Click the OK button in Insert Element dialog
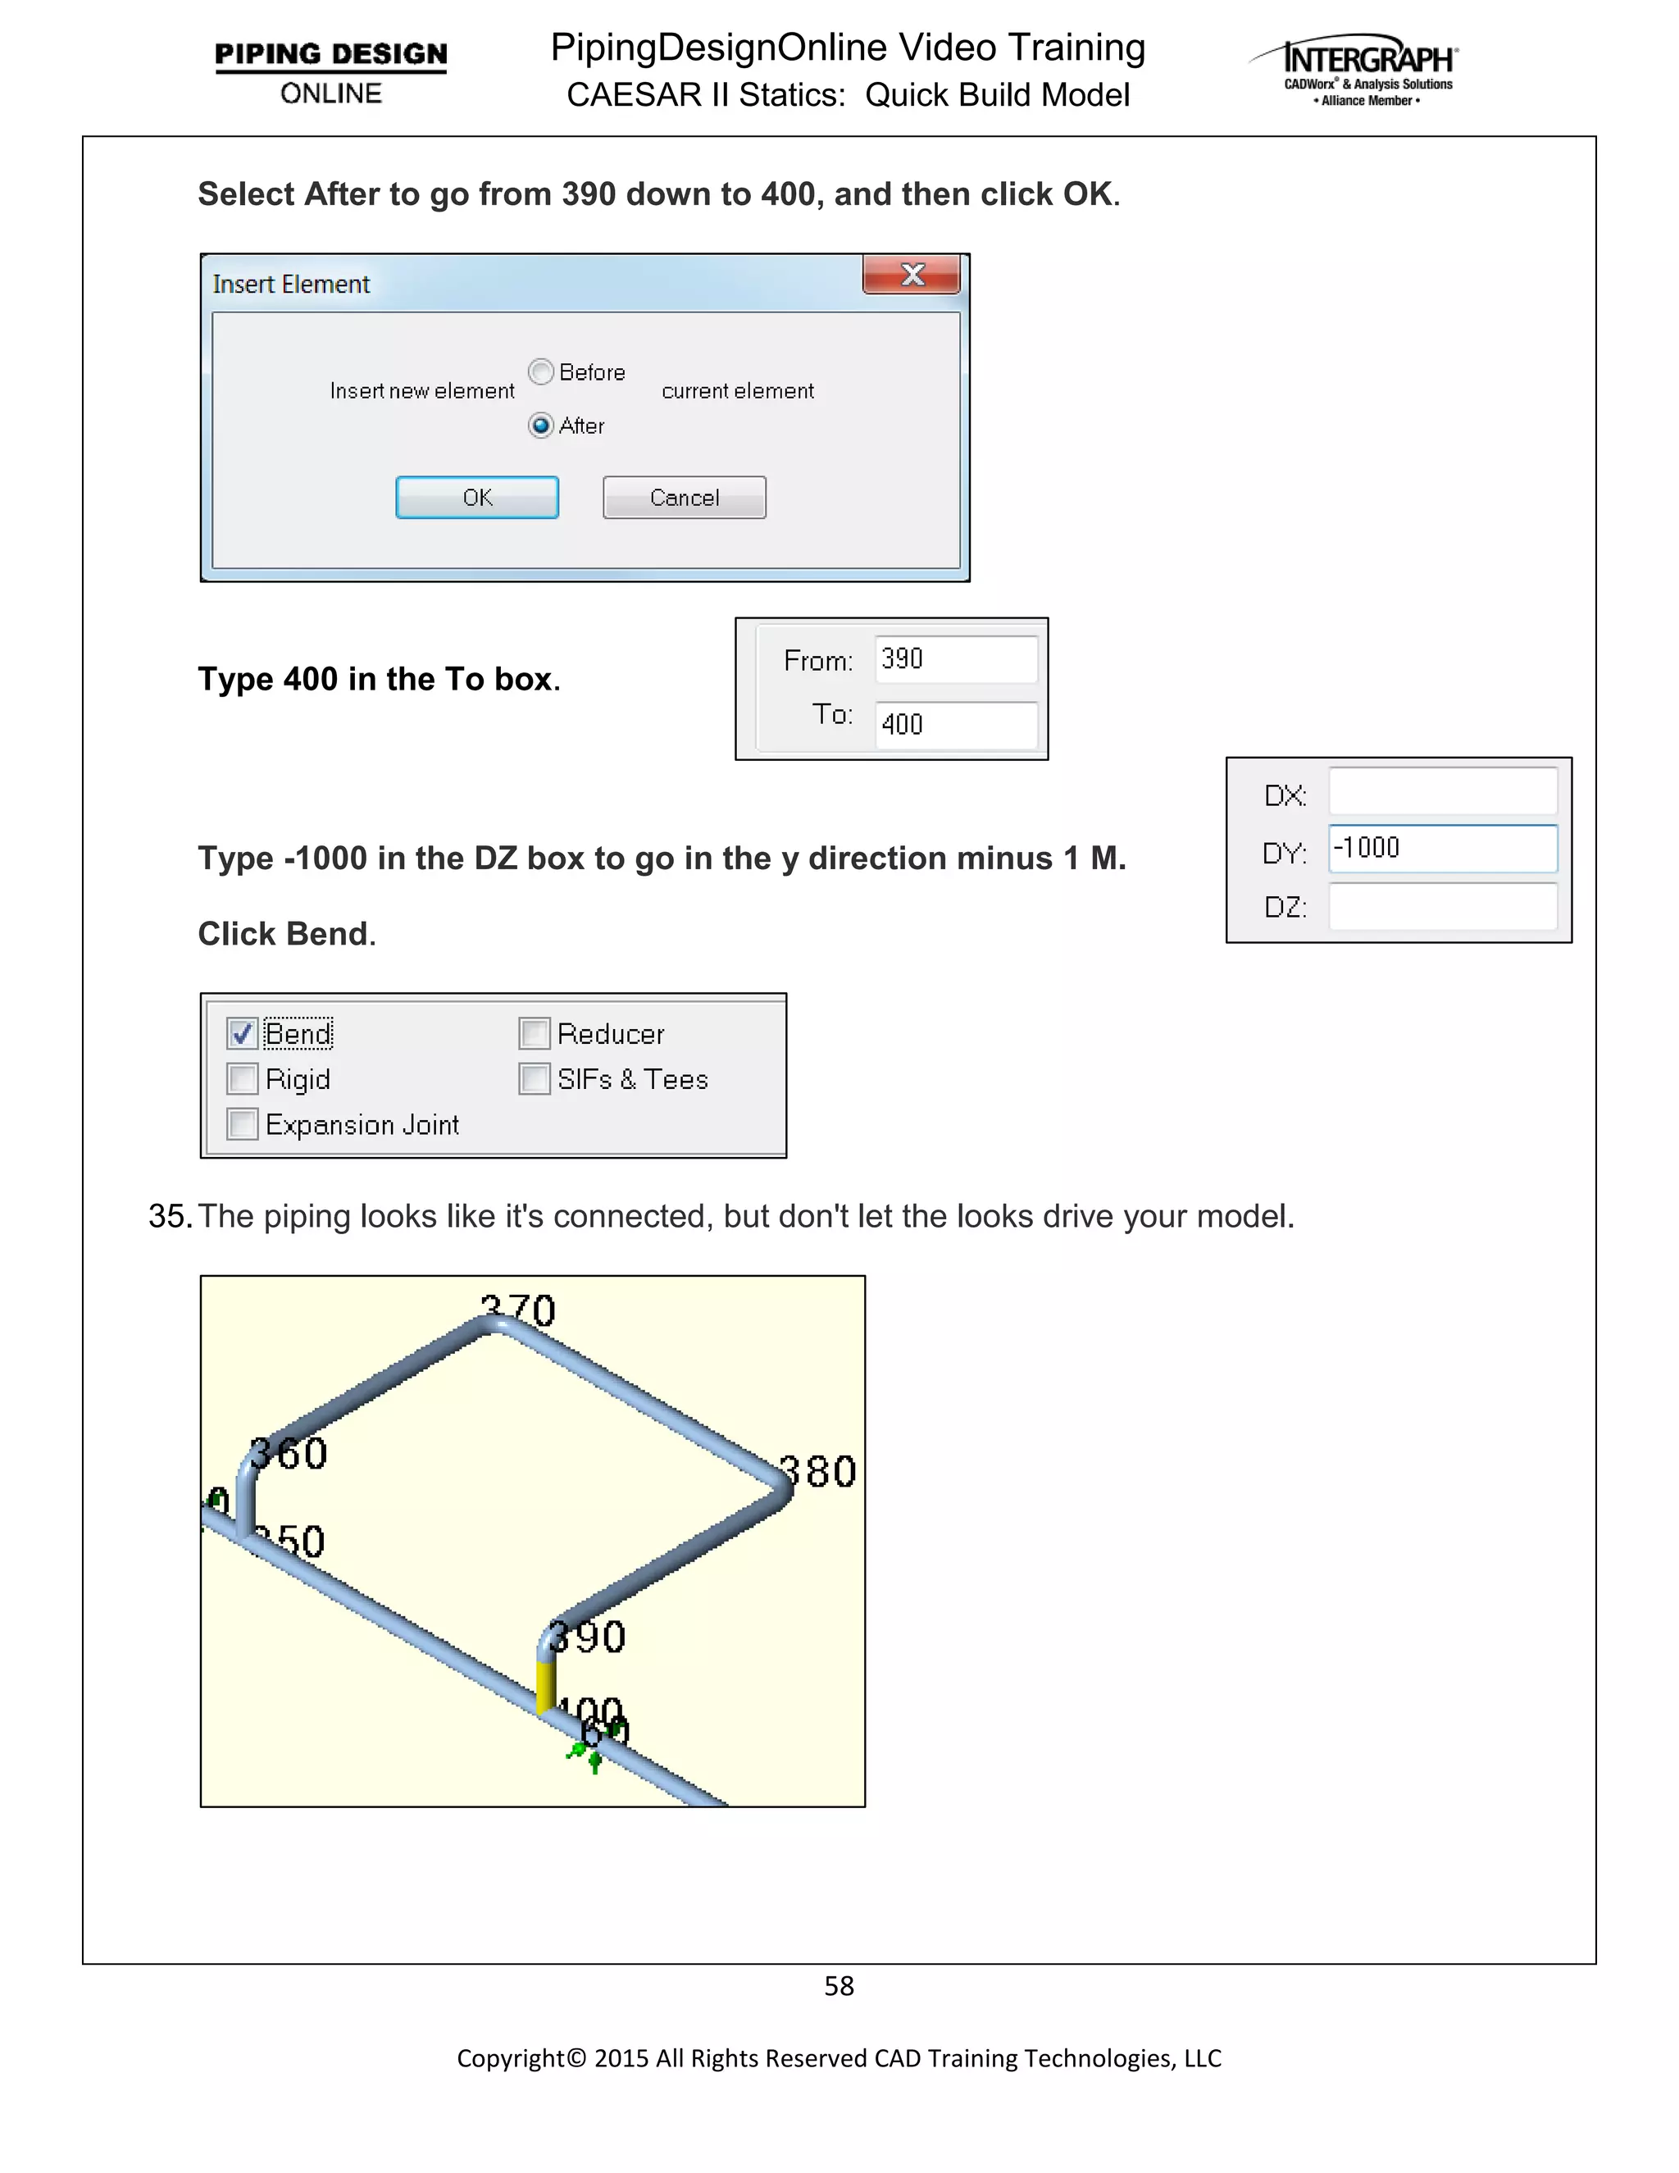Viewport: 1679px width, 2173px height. coord(476,498)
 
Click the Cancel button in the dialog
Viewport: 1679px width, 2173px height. coord(685,498)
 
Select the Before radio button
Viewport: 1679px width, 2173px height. coord(541,372)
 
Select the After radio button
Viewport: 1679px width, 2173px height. coord(541,426)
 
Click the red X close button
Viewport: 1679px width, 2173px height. coord(912,275)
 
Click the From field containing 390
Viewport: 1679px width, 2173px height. coord(955,659)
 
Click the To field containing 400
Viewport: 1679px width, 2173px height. coord(955,724)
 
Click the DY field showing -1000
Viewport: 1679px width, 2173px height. coord(1441,849)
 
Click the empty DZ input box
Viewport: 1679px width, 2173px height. coord(1441,906)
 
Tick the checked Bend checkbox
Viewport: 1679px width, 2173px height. coord(243,1034)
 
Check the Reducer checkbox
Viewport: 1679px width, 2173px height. coord(535,1034)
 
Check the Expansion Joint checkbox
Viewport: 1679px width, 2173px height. coord(243,1124)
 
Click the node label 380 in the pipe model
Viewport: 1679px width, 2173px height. coord(817,1472)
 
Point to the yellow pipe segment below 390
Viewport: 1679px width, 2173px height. coord(545,1687)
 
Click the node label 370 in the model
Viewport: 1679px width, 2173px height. coord(517,1310)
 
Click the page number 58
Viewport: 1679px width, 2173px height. coord(839,1986)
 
